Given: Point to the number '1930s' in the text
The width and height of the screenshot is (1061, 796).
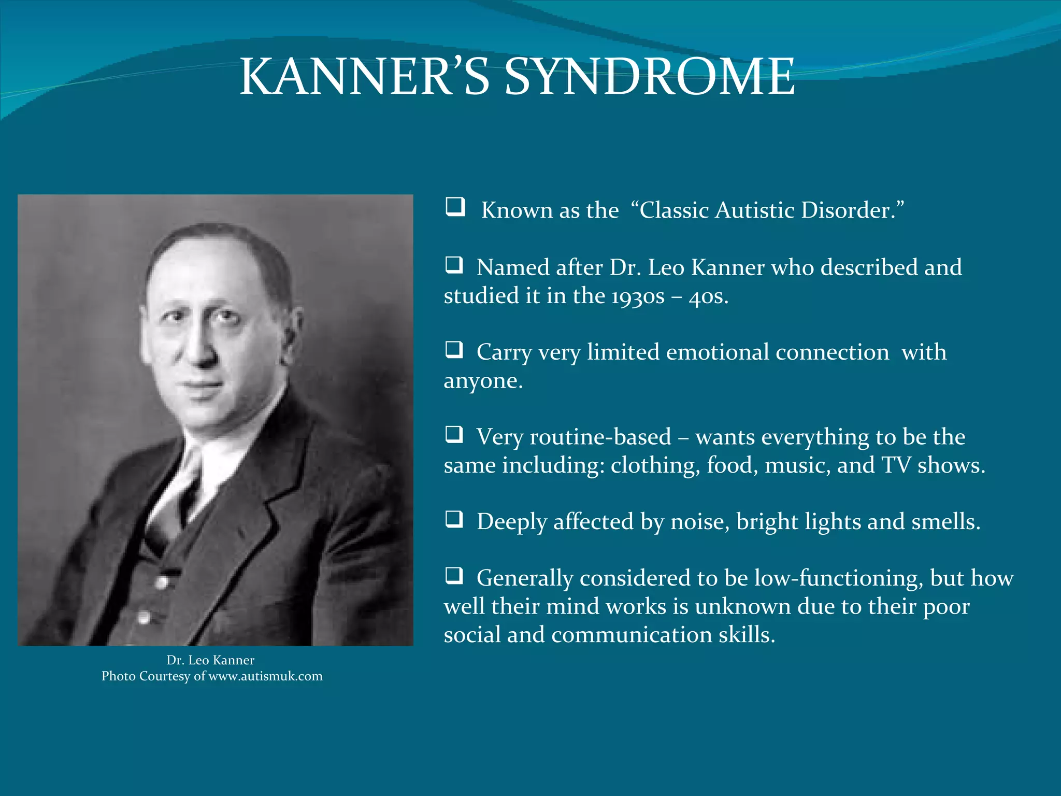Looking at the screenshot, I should pyautogui.click(x=637, y=297).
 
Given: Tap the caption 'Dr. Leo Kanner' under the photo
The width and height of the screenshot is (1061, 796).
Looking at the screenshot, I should pyautogui.click(x=210, y=660).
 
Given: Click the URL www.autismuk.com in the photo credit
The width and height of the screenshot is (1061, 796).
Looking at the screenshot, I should pyautogui.click(x=265, y=676).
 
